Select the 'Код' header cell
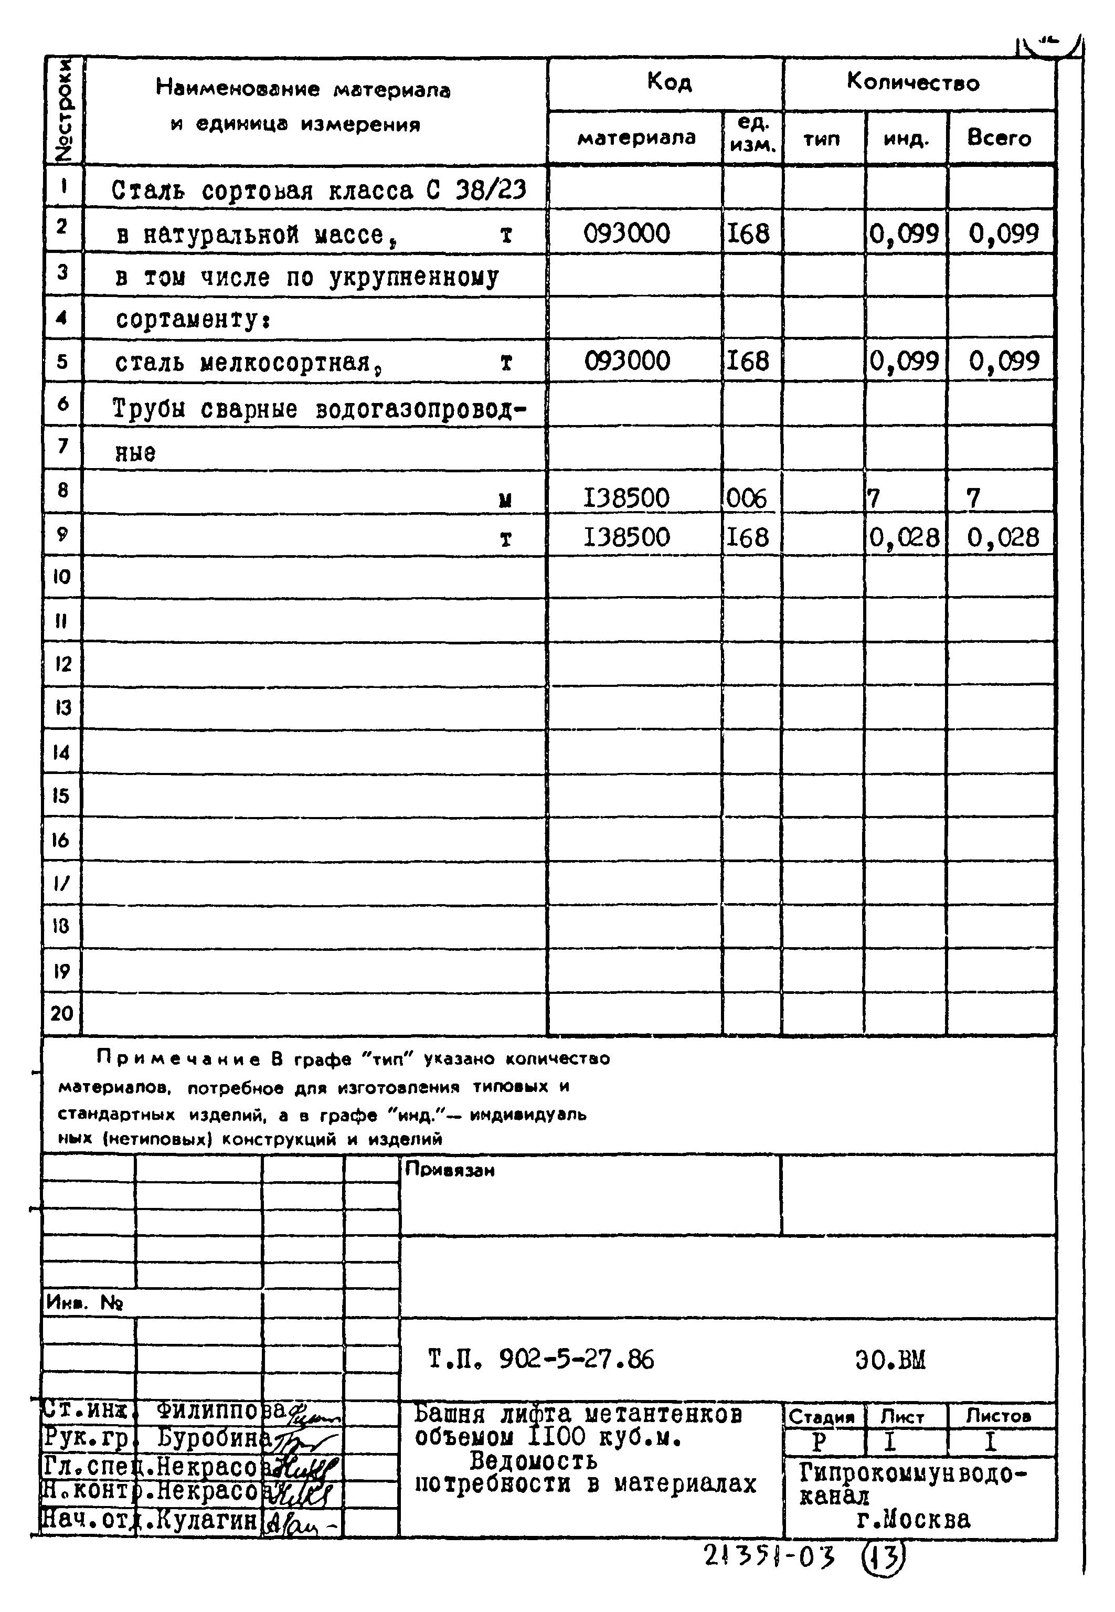point(668,82)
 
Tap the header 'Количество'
point(912,82)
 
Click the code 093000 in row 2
point(626,234)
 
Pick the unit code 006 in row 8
point(746,498)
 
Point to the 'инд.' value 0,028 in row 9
point(904,537)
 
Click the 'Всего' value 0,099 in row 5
point(1003,361)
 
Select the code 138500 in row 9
point(626,537)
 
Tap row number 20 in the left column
point(61,1013)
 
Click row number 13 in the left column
point(62,708)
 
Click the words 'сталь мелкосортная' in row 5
point(242,363)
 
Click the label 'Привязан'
point(449,1170)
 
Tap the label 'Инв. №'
point(84,1302)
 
